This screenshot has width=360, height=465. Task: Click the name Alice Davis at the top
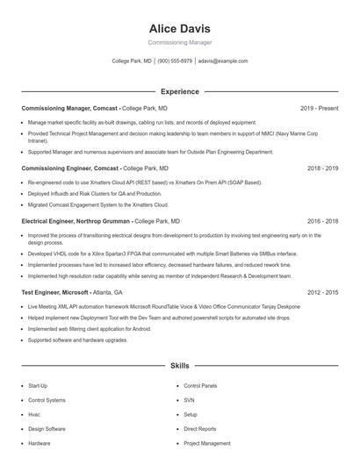[x=179, y=28]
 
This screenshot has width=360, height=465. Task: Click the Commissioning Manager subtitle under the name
[x=179, y=42]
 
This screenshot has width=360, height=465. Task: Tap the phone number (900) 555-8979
[x=175, y=61]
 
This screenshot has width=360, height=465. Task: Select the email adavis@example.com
[x=223, y=61]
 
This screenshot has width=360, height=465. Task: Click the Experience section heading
[x=179, y=91]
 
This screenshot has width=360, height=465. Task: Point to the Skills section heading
[x=179, y=365]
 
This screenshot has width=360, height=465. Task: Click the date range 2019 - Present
[x=319, y=108]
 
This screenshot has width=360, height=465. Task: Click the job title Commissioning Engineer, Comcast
[x=68, y=168]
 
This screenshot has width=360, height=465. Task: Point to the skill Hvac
[x=34, y=414]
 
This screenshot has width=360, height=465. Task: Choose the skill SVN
[x=189, y=400]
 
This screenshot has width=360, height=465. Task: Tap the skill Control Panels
[x=200, y=386]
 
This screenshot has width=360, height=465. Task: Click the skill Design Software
[x=47, y=429]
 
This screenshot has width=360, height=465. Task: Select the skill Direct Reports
[x=200, y=429]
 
